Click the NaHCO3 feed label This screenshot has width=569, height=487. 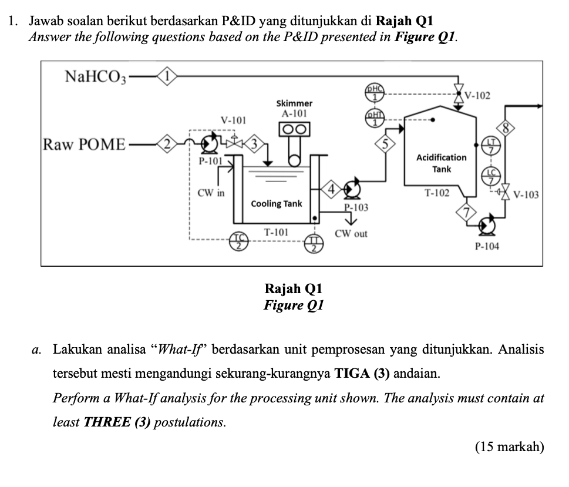(95, 76)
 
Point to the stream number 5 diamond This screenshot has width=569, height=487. (384, 143)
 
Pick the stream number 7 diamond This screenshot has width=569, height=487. (468, 211)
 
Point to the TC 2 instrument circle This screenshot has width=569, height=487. (238, 239)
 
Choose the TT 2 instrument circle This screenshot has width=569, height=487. (315, 240)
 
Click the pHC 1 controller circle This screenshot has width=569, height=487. (375, 91)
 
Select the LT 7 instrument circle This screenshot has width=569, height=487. (491, 145)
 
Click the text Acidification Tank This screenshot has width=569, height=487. (442, 163)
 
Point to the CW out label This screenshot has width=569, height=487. (351, 234)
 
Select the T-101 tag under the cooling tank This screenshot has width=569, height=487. (275, 232)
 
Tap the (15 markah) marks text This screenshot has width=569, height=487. (509, 446)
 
